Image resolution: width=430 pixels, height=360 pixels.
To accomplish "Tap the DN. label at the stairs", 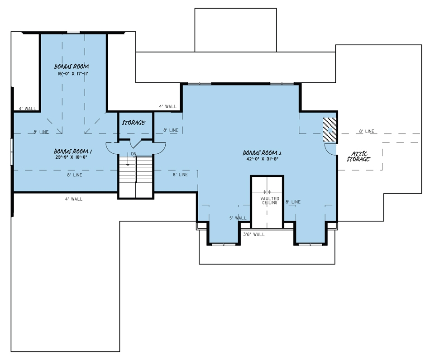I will point(134,154).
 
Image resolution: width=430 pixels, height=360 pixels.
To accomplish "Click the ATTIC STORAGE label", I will point(358,156).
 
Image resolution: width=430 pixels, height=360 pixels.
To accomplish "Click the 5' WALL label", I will point(237,218).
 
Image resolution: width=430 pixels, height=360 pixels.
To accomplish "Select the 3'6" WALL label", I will point(254,234).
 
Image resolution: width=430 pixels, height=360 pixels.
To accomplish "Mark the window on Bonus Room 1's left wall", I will point(12,152).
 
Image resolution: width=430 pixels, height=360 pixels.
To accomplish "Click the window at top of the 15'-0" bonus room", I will point(73,32).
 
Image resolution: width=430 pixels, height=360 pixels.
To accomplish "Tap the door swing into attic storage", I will point(330,149).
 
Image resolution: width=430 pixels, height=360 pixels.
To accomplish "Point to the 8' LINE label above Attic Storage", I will point(367,131).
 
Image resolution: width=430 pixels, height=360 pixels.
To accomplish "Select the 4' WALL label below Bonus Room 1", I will point(74,199).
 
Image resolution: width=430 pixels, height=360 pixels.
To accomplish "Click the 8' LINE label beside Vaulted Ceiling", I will point(293,202).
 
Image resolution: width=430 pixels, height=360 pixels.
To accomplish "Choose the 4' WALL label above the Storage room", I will point(167,107).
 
